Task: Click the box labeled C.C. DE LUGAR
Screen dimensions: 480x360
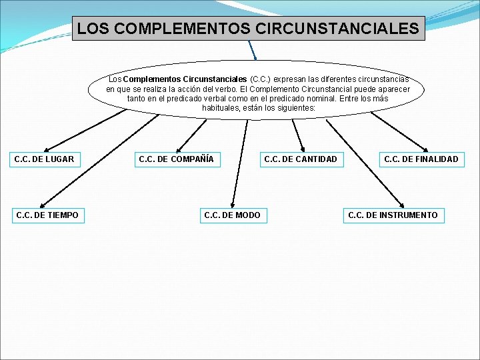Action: point(44,159)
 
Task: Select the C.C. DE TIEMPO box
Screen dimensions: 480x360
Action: point(47,215)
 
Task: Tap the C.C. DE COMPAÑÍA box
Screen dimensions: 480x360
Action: point(176,159)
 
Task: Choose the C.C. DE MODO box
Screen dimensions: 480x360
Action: point(232,215)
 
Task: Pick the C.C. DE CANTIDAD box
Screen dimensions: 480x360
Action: point(301,159)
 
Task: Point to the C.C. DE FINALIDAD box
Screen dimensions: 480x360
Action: point(421,159)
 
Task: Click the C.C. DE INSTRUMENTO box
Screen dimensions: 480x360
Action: point(393,215)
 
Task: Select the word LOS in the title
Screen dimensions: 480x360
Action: point(91,29)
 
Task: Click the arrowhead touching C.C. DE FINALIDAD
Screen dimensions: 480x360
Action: point(426,149)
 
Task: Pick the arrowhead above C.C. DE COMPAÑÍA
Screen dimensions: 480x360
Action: point(178,149)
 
